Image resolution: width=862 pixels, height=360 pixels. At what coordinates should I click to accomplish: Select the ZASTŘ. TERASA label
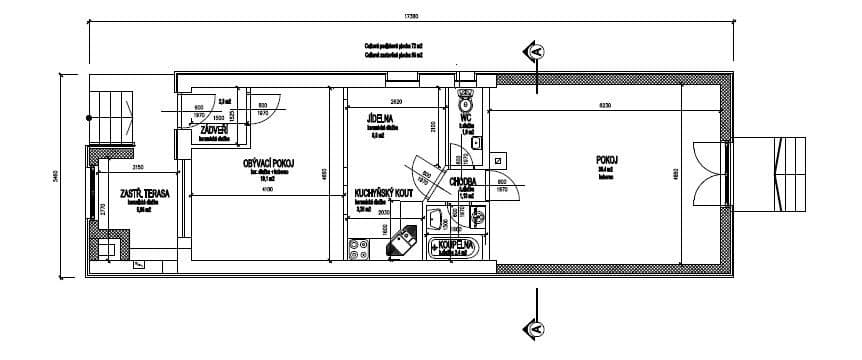coord(144,192)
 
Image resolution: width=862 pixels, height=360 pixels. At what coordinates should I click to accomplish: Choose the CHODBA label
coord(463,182)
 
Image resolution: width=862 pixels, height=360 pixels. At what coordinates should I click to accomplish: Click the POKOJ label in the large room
coord(606,159)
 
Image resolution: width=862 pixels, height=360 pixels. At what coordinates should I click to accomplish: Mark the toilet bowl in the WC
coord(465,101)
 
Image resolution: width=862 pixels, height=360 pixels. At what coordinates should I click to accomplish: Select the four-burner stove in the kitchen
coord(358,247)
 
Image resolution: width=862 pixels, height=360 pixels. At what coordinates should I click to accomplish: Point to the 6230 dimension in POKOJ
coord(606,104)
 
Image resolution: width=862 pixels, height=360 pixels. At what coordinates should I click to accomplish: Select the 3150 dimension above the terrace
coord(139,167)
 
